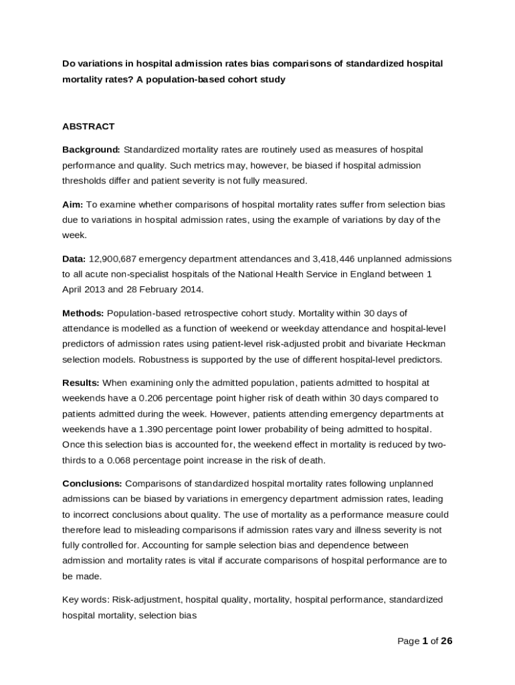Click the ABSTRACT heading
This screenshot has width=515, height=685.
88,126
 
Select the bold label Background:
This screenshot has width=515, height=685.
91,149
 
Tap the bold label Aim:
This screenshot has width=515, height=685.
74,204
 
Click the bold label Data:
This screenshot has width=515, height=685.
74,258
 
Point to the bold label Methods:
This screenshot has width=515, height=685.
83,313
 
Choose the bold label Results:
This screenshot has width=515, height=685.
81,383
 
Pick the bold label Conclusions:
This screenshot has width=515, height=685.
92,484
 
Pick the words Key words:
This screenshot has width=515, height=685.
86,600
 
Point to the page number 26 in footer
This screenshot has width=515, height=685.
446,641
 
